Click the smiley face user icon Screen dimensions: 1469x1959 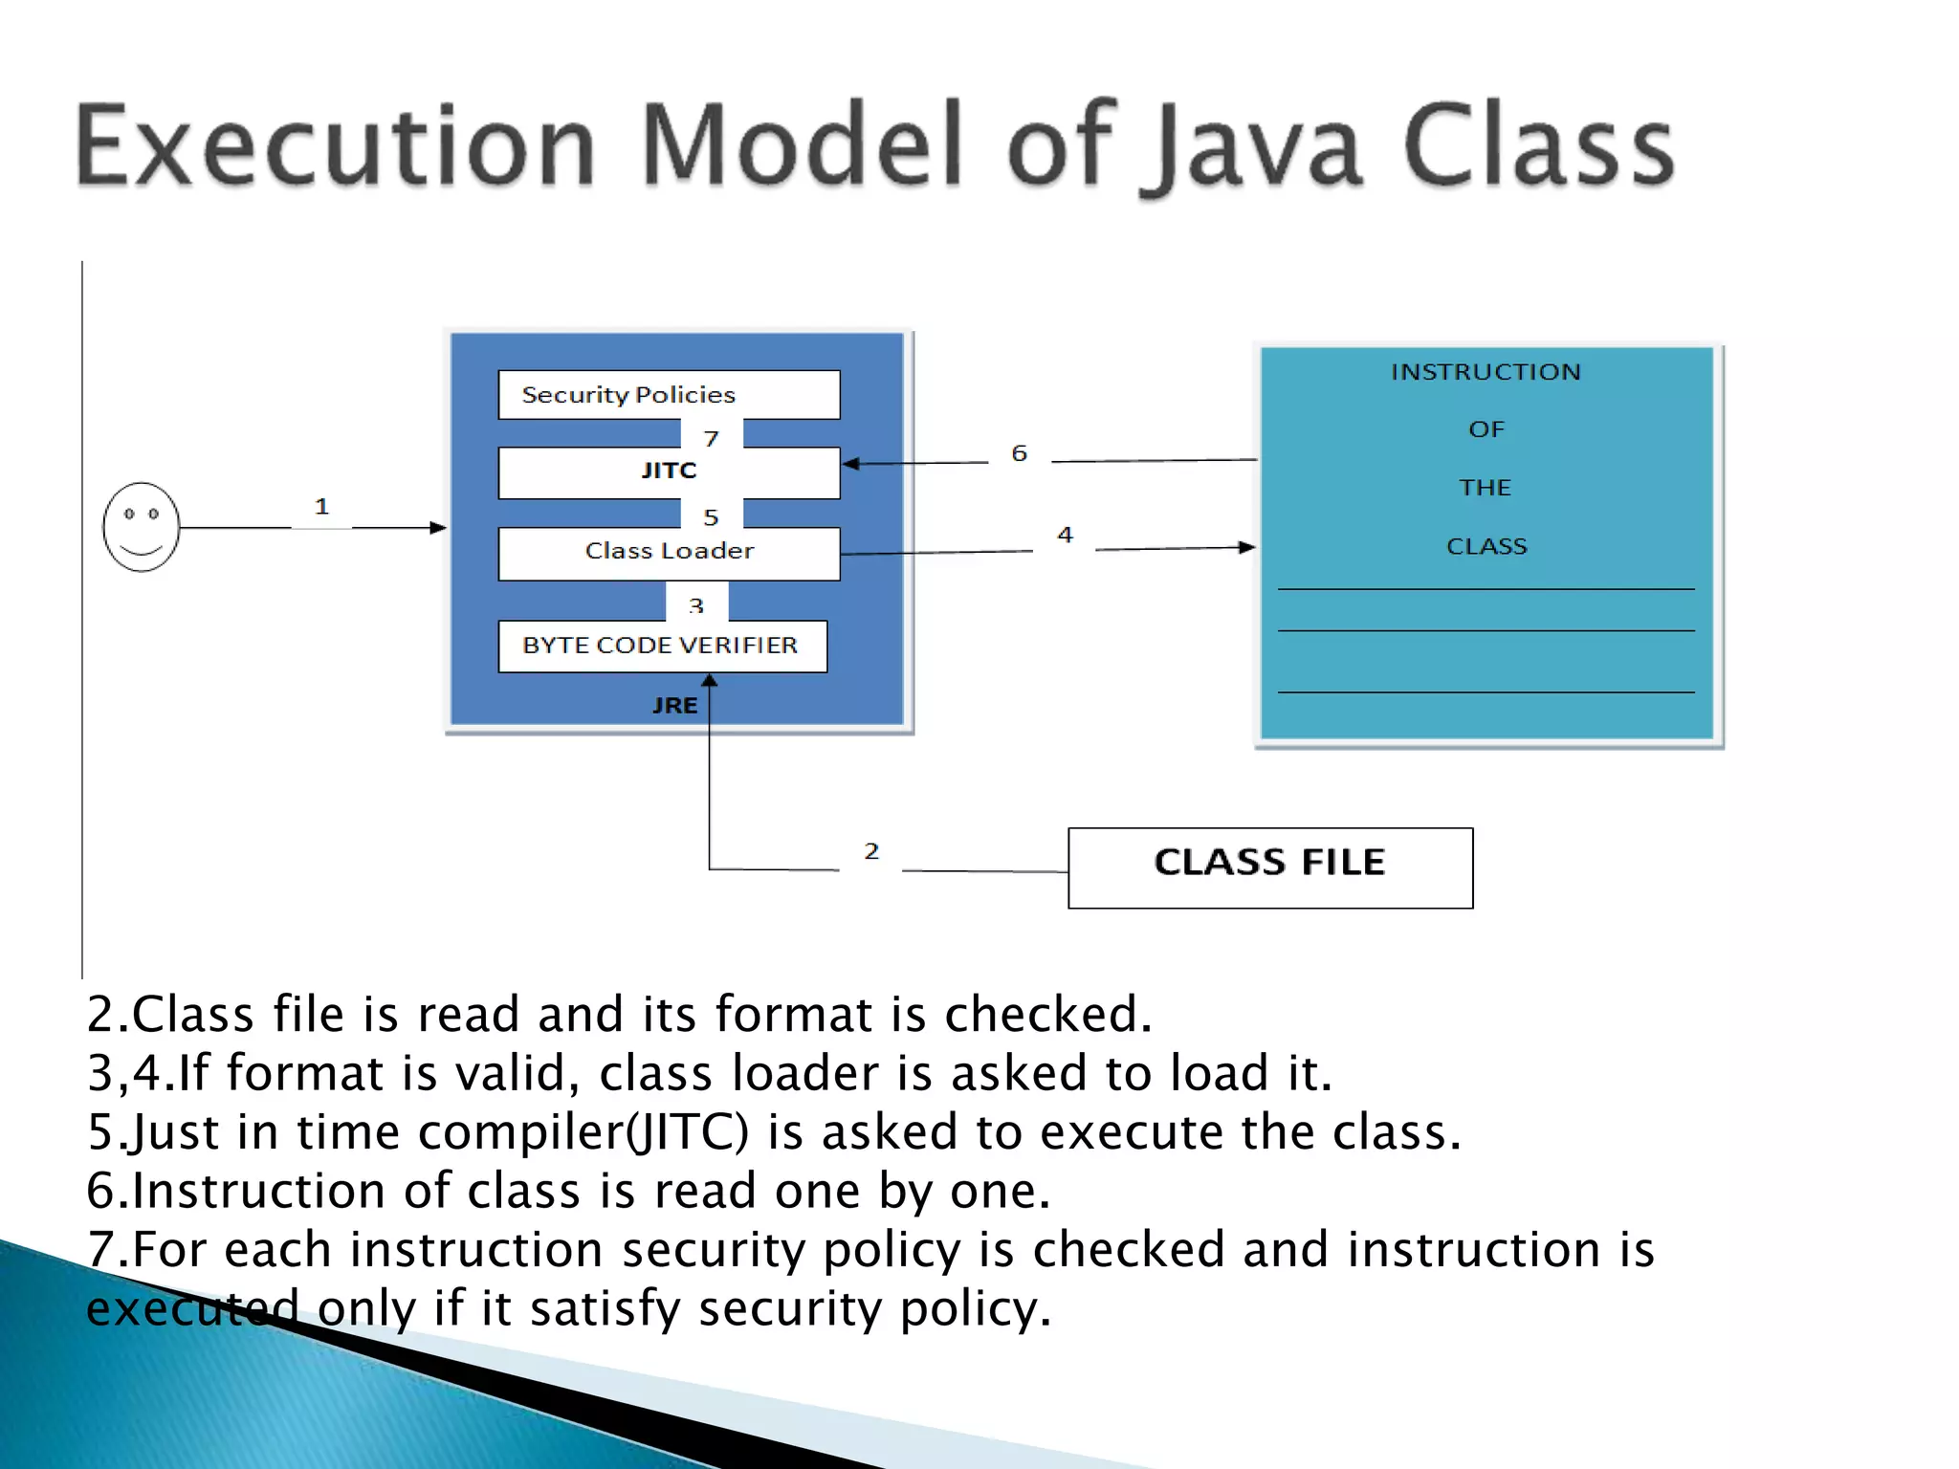142,527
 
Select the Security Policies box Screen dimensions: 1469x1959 669,395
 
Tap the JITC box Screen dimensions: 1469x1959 669,471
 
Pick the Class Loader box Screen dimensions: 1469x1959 669,552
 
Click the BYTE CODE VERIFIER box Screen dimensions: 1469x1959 661,646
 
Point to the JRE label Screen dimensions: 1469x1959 674,706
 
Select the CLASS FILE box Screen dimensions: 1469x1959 1269,866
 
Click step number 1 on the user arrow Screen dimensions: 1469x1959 321,506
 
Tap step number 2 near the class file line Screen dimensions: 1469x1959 870,851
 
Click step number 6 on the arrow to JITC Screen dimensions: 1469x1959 1019,453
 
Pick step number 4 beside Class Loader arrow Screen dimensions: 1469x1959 1065,535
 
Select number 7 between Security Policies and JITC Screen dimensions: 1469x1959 711,438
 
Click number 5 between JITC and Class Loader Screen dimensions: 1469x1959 711,517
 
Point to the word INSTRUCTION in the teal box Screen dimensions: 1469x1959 1486,372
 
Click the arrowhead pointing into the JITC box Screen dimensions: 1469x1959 849,464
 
